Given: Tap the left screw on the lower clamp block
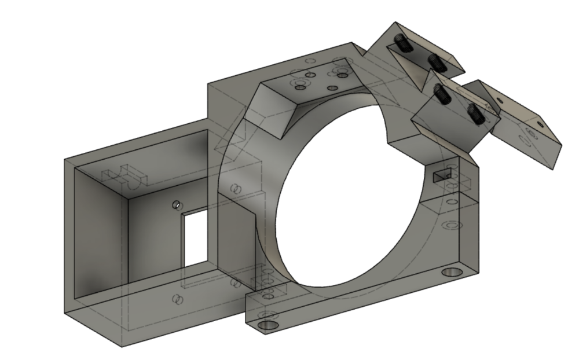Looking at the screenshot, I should tap(442, 94).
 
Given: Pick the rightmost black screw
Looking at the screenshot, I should tap(476, 113).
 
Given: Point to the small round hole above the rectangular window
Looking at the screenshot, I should tap(177, 205).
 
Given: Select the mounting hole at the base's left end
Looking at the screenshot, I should tap(267, 325).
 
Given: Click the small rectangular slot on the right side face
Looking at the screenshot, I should tap(442, 174).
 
